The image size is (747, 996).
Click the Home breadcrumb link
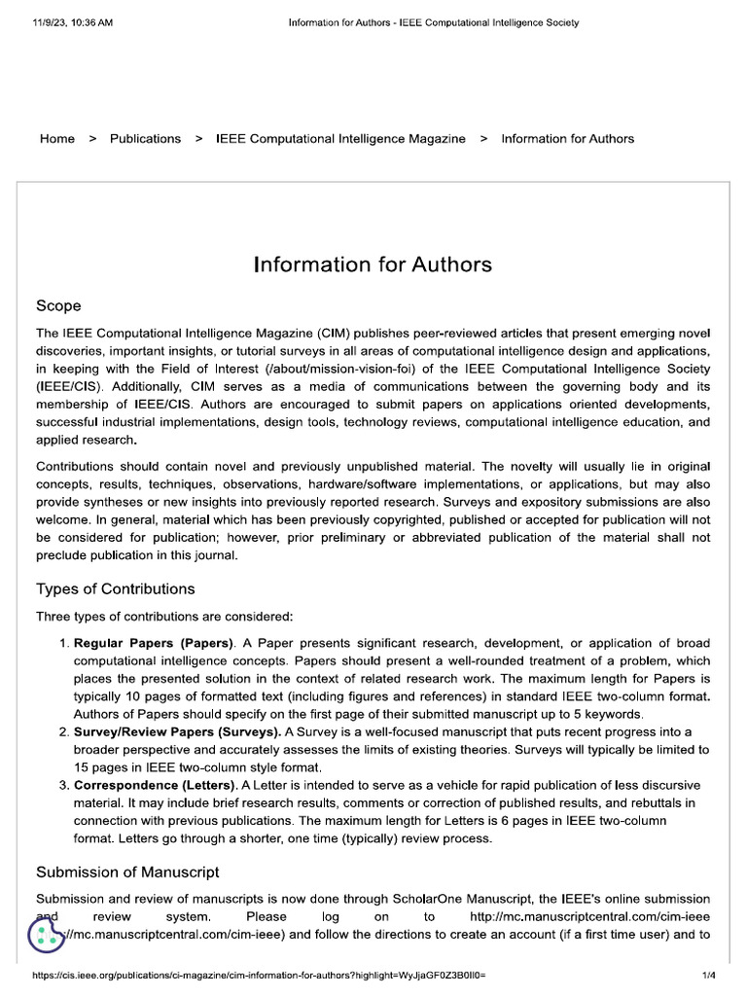click(x=56, y=139)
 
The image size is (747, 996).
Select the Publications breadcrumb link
click(x=145, y=139)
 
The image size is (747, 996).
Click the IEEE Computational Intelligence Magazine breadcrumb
click(x=339, y=139)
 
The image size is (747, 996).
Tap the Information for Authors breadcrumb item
click(x=567, y=139)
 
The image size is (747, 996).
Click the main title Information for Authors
click(x=373, y=265)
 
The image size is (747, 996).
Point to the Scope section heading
click(x=58, y=305)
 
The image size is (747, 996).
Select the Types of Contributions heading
click(x=115, y=588)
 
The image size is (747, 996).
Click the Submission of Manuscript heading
click(x=127, y=871)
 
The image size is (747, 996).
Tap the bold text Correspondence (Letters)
click(x=155, y=785)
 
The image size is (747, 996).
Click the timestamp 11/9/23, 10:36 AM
click(x=72, y=22)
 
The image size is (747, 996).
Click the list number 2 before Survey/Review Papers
click(x=64, y=731)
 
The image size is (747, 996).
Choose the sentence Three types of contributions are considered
click(x=163, y=617)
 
